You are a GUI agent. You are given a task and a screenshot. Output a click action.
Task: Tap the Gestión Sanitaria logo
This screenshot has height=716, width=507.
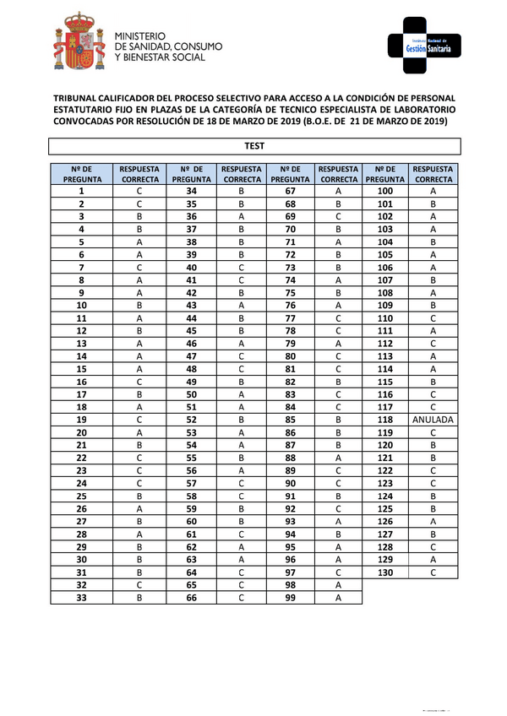pyautogui.click(x=426, y=46)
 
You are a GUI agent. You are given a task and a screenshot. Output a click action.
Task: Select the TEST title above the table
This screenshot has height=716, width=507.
pyautogui.click(x=253, y=146)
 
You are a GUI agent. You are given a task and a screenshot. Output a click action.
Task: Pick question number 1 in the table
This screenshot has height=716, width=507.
pyautogui.click(x=81, y=192)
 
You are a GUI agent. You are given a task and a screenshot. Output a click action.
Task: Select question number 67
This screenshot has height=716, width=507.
pyautogui.click(x=291, y=192)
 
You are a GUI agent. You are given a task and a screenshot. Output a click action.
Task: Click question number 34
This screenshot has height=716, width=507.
pyautogui.click(x=190, y=192)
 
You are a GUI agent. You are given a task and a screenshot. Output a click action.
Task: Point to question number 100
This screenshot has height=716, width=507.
pyautogui.click(x=385, y=192)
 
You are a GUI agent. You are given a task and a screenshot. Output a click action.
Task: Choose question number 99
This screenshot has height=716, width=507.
pyautogui.click(x=291, y=598)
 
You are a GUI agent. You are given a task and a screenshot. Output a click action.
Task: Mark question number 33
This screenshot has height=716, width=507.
pyautogui.click(x=81, y=598)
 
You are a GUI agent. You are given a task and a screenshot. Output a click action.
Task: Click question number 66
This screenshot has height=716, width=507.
pyautogui.click(x=190, y=598)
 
